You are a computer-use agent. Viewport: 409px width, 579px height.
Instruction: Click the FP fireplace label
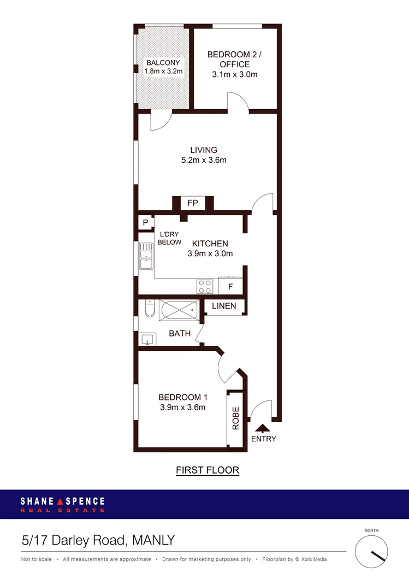pos(192,203)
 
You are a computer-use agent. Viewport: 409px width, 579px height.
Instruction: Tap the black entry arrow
pos(262,428)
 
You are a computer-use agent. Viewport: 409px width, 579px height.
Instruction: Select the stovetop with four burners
pos(205,286)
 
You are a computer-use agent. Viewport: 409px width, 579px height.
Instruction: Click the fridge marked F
pos(230,286)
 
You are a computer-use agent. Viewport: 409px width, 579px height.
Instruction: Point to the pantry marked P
pos(146,222)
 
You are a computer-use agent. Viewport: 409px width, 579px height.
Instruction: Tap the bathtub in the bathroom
pos(179,310)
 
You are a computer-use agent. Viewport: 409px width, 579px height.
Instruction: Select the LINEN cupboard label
pos(224,306)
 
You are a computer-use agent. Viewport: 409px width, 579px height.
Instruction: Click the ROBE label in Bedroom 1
pos(236,418)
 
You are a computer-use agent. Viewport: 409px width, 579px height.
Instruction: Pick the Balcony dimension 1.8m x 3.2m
pos(162,71)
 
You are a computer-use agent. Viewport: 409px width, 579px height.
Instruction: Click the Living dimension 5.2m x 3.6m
pos(204,160)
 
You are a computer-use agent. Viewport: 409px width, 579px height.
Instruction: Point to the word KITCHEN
pos(210,244)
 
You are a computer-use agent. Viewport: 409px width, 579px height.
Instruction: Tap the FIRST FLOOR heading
pos(208,470)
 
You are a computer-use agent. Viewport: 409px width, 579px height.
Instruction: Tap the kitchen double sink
pos(146,257)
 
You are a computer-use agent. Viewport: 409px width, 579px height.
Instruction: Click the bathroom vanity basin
pos(146,340)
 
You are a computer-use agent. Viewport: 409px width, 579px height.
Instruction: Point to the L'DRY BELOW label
pos(169,238)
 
